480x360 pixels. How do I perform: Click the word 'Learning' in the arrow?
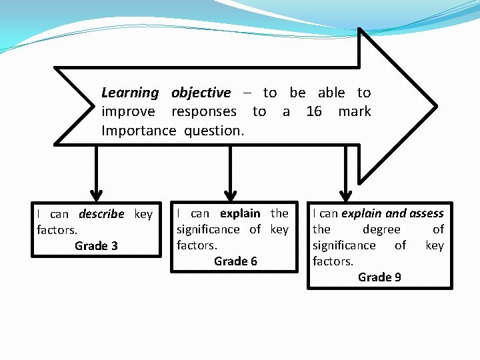coord(130,93)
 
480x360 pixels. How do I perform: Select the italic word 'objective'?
coord(201,93)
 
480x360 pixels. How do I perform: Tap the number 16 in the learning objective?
coord(313,111)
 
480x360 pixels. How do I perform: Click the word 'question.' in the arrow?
coord(214,131)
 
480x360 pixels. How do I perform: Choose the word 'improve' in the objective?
coord(128,112)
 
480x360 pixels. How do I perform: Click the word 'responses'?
coord(204,111)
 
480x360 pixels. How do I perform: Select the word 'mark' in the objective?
coord(355,111)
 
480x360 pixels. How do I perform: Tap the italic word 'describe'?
coord(101,214)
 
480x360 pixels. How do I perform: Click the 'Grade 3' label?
coord(96,246)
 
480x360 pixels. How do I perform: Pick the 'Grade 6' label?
coord(235,261)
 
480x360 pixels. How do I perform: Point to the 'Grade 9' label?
coord(379,277)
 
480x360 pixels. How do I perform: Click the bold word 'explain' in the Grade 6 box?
coord(240,213)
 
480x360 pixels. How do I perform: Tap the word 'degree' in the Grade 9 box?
coord(381,229)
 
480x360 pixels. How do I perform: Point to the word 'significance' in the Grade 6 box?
coord(208,229)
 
